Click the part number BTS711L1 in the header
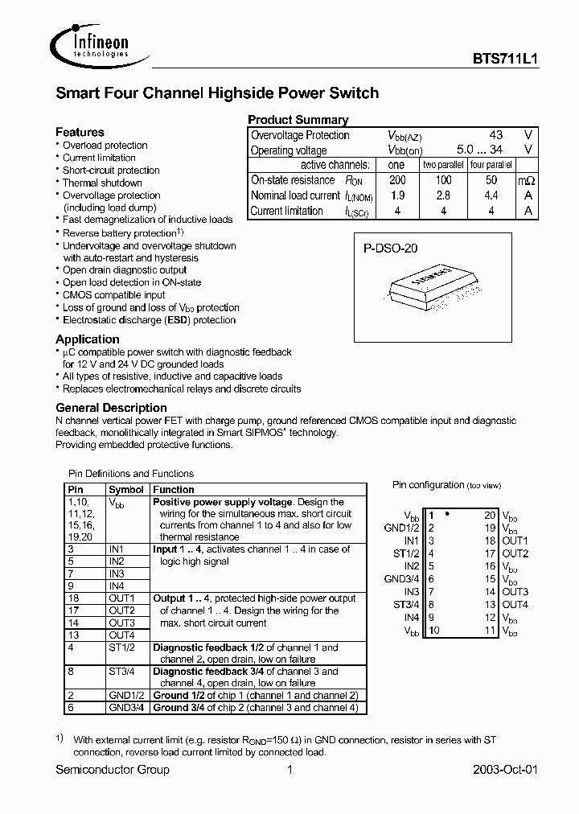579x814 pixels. click(504, 59)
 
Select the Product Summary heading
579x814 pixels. click(298, 120)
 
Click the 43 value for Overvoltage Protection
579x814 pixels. click(496, 135)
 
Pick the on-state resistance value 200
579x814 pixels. click(396, 181)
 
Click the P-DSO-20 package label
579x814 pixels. click(390, 249)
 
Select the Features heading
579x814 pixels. click(80, 132)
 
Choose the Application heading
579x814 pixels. click(87, 339)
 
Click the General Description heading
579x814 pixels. click(111, 408)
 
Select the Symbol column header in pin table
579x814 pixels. click(126, 489)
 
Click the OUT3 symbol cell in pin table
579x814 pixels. click(121, 623)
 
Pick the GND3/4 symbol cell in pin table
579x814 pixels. click(127, 708)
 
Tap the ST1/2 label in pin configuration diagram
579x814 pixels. click(406, 553)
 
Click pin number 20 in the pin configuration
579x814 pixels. click(489, 515)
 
